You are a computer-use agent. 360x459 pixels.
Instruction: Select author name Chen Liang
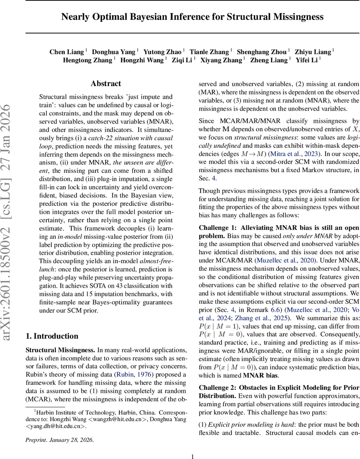(x=67, y=52)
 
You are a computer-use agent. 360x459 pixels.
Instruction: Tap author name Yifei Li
(x=306, y=60)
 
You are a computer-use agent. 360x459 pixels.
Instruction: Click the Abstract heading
(x=106, y=83)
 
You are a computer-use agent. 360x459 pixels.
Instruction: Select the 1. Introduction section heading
(x=52, y=336)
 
